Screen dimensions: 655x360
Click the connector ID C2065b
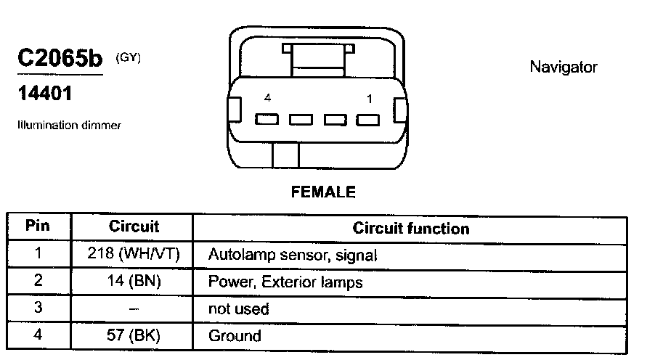pos(60,59)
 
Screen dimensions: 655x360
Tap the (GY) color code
pos(127,57)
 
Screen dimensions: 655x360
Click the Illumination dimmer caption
pos(69,125)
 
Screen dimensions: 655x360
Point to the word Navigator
pos(563,67)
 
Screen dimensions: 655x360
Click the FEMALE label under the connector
pos(323,192)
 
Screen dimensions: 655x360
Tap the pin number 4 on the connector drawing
pos(267,98)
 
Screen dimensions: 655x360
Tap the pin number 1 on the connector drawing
pos(369,98)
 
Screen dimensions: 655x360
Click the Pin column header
pos(38,226)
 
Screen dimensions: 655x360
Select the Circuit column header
pos(134,226)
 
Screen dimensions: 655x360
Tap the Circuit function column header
pos(410,229)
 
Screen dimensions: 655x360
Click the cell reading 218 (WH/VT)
pos(134,255)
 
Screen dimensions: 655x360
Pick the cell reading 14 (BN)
pos(134,282)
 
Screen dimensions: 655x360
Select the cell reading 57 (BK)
pos(134,335)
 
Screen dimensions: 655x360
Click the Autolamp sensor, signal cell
pos(292,255)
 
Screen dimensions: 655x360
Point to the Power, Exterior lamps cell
pos(285,282)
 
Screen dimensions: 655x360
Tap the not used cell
pos(238,309)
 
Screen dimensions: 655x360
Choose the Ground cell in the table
pos(234,336)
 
